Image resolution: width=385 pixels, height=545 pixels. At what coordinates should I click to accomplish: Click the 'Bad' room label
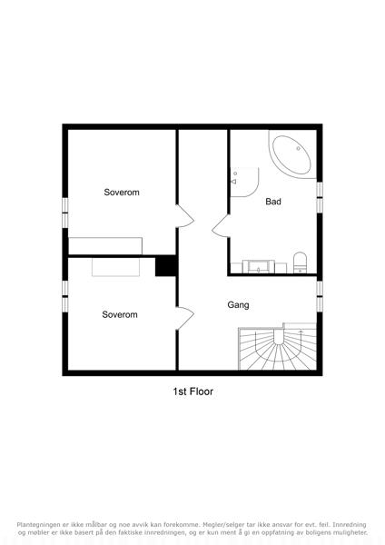pos(273,202)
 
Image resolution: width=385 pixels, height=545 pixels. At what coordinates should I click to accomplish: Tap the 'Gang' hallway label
pos(238,305)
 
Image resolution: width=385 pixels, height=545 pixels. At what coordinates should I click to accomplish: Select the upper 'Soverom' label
pos(122,193)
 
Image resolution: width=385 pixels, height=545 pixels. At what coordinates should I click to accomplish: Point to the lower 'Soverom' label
pos(120,314)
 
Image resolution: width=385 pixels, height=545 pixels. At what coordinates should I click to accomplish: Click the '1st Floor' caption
pos(192,391)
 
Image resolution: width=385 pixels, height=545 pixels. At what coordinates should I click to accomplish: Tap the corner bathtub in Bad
pos(291,154)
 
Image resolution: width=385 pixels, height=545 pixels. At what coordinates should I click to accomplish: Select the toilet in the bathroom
pos(300,263)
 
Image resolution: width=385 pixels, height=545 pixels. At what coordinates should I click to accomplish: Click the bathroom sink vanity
pos(259,266)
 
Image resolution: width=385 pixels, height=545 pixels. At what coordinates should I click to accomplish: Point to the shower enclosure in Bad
pos(244,183)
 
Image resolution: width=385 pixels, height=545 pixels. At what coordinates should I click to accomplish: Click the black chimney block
pos(166,265)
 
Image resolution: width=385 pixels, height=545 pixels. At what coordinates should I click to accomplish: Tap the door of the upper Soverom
pos(185,216)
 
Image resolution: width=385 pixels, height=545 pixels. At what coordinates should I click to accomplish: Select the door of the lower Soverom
pos(185,319)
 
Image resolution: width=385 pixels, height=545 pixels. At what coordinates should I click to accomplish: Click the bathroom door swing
pos(221,226)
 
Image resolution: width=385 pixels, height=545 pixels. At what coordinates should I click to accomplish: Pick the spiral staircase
pos(277,347)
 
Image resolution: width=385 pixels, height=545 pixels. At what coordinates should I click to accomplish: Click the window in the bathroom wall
pos(320,197)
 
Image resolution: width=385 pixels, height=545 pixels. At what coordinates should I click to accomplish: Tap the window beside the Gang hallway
pos(320,296)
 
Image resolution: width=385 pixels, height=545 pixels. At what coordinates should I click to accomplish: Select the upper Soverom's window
pos(65,213)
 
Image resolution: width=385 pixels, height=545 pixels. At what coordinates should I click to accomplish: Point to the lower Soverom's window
pos(65,296)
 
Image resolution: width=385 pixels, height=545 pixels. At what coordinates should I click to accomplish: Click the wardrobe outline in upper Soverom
pos(105,246)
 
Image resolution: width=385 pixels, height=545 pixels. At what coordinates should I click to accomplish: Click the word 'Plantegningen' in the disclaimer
pos(38,525)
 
